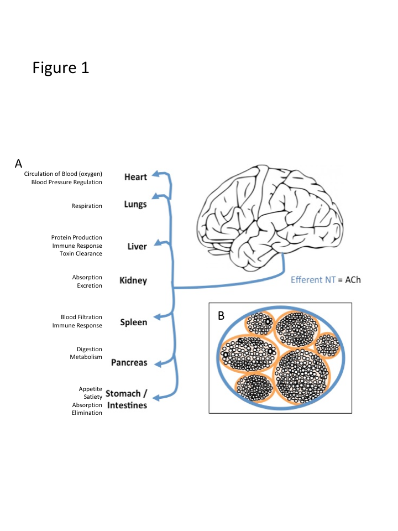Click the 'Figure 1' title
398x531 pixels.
pyautogui.click(x=61, y=68)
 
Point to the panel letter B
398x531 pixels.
pyautogui.click(x=221, y=316)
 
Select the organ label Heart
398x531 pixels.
pyautogui.click(x=135, y=177)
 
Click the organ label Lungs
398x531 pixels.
pyautogui.click(x=135, y=205)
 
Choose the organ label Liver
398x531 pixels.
pyautogui.click(x=137, y=246)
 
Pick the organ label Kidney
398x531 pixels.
pyautogui.click(x=133, y=280)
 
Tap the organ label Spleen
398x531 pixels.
pyautogui.click(x=134, y=322)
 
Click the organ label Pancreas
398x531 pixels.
pyautogui.click(x=129, y=363)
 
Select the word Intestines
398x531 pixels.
pyautogui.click(x=127, y=405)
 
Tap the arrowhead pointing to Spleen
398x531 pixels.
pyautogui.click(x=157, y=317)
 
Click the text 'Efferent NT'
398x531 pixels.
pyautogui.click(x=313, y=280)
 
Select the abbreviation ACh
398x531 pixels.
pyautogui.click(x=352, y=280)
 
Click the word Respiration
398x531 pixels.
pyautogui.click(x=87, y=206)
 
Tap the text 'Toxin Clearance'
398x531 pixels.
pyautogui.click(x=81, y=253)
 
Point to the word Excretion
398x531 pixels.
pyautogui.click(x=90, y=286)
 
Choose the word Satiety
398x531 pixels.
pyautogui.click(x=93, y=397)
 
